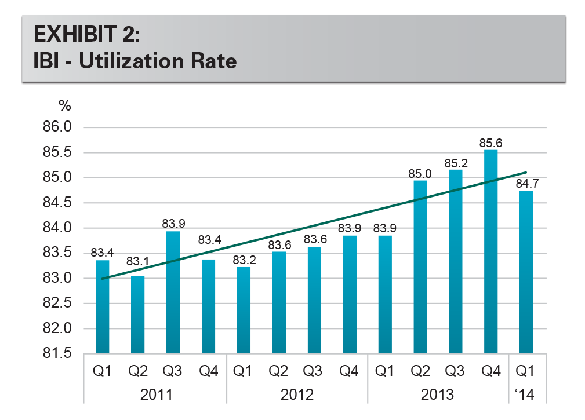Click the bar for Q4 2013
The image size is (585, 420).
pyautogui.click(x=490, y=251)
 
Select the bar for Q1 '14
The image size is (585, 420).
pyautogui.click(x=526, y=272)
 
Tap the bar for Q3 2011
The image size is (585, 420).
pyautogui.click(x=173, y=292)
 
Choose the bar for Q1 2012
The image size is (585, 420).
pyautogui.click(x=244, y=310)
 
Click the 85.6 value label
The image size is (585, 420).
pyautogui.click(x=490, y=142)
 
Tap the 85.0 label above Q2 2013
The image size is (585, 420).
pyautogui.click(x=420, y=173)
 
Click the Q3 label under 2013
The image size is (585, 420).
pyautogui.click(x=455, y=371)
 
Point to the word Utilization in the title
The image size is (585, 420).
pyautogui.click(x=126, y=60)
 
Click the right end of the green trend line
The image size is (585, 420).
pyautogui.click(x=525, y=172)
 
